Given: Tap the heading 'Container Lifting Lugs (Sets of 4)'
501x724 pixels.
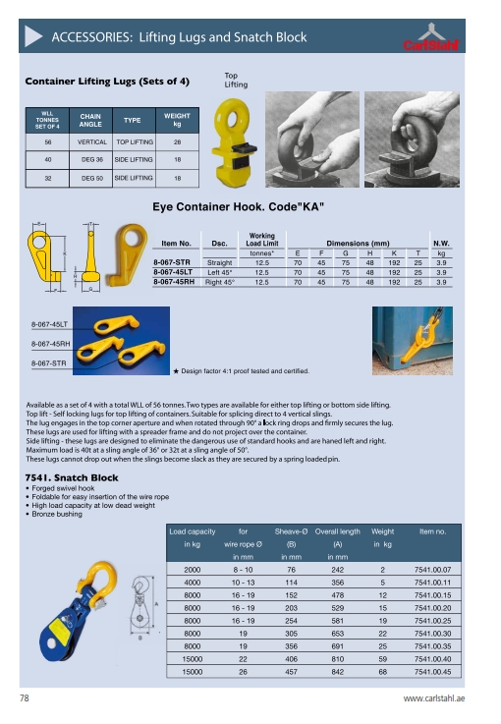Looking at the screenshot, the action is coord(107,80).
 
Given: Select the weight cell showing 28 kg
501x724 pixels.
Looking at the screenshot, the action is coord(178,141).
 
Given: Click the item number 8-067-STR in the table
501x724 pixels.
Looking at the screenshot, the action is coord(172,263).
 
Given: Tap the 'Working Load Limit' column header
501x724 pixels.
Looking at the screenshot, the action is coord(262,239).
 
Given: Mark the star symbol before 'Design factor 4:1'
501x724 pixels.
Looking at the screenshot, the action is coord(175,371).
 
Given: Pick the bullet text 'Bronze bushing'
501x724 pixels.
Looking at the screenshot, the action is coord(59,514).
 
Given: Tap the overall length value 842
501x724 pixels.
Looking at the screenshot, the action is coord(337,671).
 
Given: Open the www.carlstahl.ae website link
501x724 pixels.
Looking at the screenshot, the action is coord(440,698).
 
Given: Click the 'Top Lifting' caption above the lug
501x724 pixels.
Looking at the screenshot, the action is coord(236,81).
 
